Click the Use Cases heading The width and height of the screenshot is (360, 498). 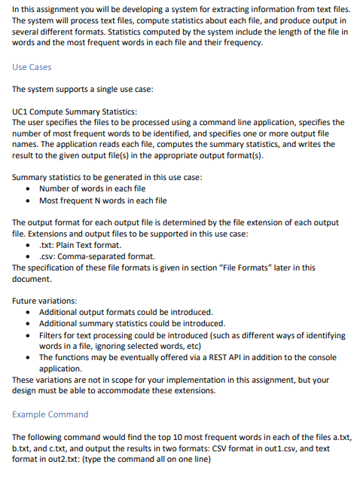(x=32, y=67)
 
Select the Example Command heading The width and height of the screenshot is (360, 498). (x=50, y=414)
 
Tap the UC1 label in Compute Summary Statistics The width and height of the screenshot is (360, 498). (x=22, y=110)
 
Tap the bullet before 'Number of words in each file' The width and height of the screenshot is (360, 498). (x=29, y=188)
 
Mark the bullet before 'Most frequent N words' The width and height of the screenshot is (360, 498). (x=29, y=200)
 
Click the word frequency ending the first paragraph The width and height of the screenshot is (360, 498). (x=239, y=43)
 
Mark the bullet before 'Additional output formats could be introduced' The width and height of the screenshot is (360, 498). (x=29, y=312)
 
